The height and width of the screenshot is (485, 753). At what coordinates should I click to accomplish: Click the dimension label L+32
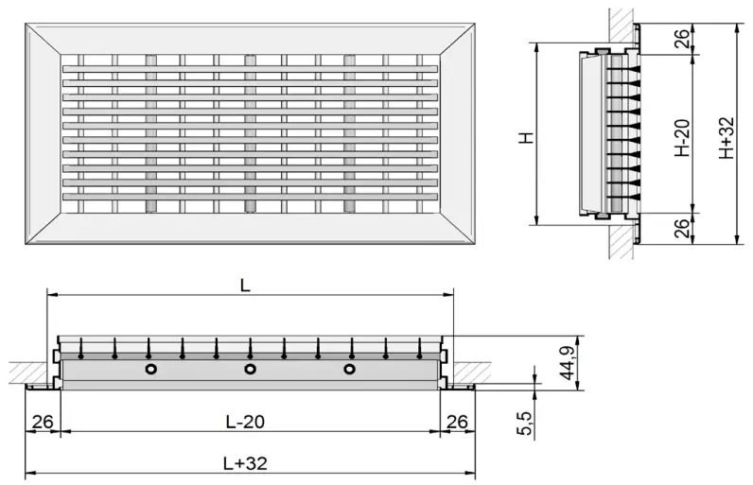click(x=245, y=463)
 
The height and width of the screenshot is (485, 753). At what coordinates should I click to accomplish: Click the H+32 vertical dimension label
click(x=726, y=138)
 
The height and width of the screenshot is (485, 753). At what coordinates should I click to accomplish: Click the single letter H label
click(x=527, y=137)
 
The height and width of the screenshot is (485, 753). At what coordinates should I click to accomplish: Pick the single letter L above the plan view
click(x=245, y=286)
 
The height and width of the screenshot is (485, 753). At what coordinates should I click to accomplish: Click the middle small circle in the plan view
click(x=250, y=369)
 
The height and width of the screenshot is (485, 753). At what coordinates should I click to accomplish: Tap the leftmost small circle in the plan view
click(x=149, y=369)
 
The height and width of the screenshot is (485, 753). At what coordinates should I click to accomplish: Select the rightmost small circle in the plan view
click(x=350, y=369)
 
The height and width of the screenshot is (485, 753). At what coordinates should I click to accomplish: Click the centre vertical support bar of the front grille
click(x=250, y=132)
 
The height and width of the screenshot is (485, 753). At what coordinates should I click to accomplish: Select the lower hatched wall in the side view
click(x=622, y=242)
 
